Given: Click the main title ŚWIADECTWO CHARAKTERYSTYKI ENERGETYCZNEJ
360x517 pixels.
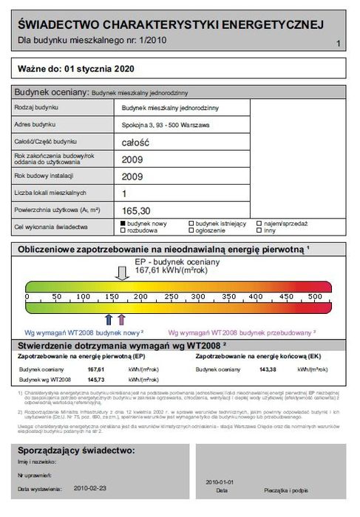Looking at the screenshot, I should (170, 25).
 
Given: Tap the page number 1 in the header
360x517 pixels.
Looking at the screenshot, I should (338, 44).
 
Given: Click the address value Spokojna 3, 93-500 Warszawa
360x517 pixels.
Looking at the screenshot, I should (164, 124).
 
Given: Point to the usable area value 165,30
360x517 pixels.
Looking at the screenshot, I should (136, 210).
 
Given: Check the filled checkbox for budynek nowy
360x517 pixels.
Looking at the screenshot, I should (123, 223).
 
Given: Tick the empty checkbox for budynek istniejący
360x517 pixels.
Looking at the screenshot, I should (192, 223).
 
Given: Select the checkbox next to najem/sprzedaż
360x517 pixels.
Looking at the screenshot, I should (259, 223).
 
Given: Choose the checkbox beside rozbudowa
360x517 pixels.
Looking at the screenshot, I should (123, 230).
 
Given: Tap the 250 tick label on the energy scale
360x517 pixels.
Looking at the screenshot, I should (171, 296).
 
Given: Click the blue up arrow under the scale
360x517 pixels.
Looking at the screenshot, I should (109, 319).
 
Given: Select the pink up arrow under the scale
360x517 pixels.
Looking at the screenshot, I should (121, 319).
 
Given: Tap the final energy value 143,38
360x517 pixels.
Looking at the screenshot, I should (268, 368).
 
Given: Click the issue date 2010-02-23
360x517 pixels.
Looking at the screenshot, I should (90, 488).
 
